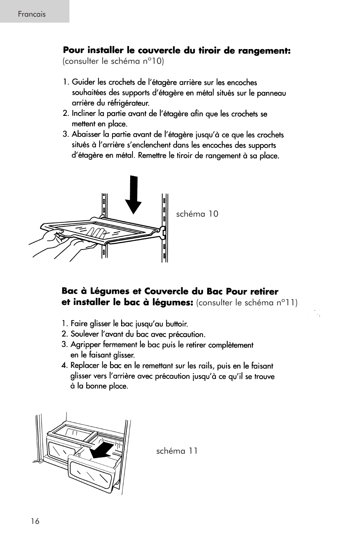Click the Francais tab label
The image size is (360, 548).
[x=32, y=14]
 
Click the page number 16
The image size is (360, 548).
[x=35, y=521]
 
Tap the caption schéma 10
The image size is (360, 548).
[x=197, y=214]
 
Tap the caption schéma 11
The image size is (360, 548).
[x=177, y=451]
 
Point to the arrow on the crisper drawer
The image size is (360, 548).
[x=103, y=451]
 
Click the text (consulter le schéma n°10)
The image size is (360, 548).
[x=114, y=61]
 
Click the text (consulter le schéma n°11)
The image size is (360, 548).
[x=247, y=303]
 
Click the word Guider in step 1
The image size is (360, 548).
[x=83, y=82]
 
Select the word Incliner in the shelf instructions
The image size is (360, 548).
[x=84, y=114]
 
